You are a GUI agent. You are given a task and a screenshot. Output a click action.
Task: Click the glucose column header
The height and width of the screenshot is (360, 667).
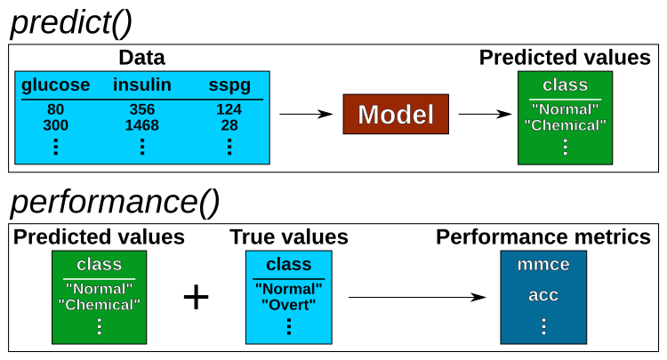coord(55,85)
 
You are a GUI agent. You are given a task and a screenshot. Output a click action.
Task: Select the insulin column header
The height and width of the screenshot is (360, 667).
coord(142,85)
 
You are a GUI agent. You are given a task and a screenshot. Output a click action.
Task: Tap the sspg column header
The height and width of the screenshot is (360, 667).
coord(229,85)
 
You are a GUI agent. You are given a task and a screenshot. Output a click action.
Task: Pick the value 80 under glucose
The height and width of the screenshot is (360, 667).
coord(55,110)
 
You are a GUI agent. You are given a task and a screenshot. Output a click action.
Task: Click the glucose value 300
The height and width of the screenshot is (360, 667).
coord(55,125)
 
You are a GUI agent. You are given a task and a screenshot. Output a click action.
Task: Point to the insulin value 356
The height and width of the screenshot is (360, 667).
coord(142,110)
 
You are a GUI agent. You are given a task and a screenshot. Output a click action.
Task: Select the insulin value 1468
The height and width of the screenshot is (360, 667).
coord(142,125)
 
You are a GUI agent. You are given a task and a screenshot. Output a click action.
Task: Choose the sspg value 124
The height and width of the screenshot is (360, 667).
coord(229,110)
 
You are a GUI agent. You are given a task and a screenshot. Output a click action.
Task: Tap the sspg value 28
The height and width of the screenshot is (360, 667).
coord(229,125)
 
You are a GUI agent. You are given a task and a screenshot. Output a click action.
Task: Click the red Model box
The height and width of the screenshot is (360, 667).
coord(396,115)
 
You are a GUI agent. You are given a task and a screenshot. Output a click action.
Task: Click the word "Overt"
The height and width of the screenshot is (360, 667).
coord(288,305)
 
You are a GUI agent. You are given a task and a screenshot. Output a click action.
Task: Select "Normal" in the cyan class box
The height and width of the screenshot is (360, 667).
coord(288,289)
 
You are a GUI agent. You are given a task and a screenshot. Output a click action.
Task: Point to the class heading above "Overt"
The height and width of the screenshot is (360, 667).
coord(288,265)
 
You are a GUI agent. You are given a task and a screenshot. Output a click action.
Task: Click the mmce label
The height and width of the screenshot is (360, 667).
coord(543,264)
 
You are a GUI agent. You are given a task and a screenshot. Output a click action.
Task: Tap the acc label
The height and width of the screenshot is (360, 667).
coord(543,295)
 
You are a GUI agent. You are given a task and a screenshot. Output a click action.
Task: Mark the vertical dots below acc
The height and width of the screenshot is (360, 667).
coord(543,326)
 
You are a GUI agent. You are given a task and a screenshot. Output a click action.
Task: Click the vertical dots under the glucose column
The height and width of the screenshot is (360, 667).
coord(55,147)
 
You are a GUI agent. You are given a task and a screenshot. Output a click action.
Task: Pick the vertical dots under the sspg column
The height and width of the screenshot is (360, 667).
coord(229,147)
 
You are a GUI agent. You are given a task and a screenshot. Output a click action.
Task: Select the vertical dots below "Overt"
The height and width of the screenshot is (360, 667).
coord(288,326)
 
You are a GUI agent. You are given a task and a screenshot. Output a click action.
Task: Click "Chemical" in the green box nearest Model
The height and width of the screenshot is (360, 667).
coord(565,125)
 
